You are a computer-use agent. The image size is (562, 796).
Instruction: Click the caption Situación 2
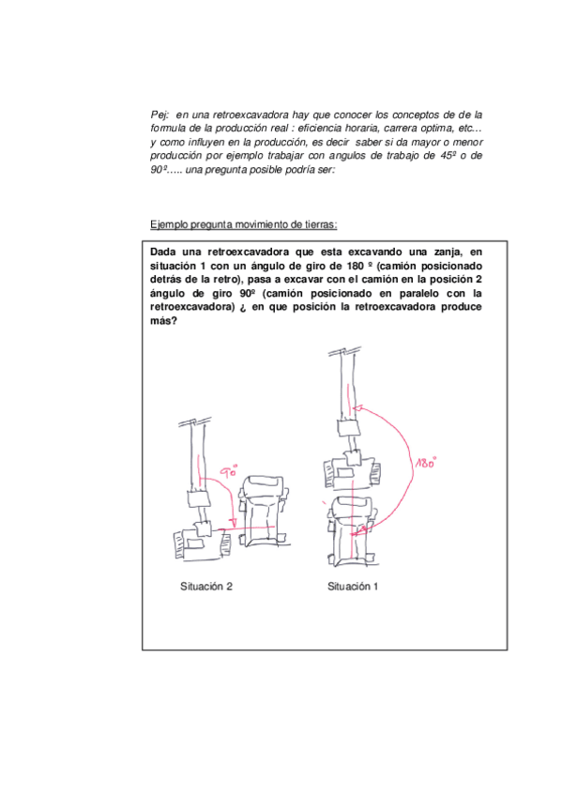205,587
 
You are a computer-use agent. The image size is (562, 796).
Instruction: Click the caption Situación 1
353,587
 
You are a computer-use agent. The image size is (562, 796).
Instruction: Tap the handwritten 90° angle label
229,471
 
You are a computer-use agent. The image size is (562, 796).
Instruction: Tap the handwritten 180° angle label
426,462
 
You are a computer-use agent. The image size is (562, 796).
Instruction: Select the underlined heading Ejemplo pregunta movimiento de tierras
243,224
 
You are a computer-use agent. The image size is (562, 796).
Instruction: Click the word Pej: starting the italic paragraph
159,115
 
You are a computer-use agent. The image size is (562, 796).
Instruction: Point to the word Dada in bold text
163,252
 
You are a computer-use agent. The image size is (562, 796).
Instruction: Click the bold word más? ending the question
163,321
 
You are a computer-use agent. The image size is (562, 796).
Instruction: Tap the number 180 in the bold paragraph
355,266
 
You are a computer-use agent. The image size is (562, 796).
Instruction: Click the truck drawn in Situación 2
264,512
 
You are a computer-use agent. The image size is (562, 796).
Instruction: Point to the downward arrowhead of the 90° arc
233,523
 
